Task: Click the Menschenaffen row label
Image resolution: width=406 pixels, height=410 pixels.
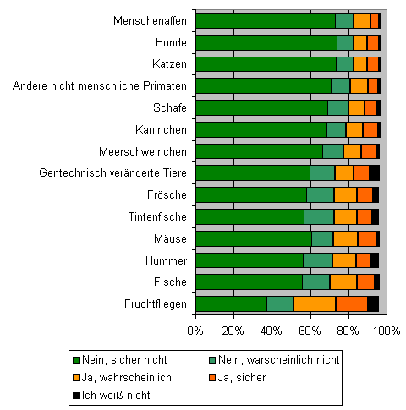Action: pyautogui.click(x=150, y=21)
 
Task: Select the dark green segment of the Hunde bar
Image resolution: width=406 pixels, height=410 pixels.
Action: pyautogui.click(x=266, y=43)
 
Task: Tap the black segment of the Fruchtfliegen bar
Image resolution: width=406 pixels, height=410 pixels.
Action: pyautogui.click(x=373, y=303)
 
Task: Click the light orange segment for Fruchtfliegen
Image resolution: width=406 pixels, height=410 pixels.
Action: pyautogui.click(x=315, y=303)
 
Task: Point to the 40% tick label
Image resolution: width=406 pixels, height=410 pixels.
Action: pyautogui.click(x=272, y=331)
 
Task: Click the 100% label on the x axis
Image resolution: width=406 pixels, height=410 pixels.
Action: pyautogui.click(x=387, y=331)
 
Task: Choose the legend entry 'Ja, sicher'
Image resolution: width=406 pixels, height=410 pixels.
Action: pyautogui.click(x=238, y=377)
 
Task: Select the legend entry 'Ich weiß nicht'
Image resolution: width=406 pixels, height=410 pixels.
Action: pyautogui.click(x=112, y=395)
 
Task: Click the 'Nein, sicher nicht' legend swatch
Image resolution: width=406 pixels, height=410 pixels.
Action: pyautogui.click(x=76, y=360)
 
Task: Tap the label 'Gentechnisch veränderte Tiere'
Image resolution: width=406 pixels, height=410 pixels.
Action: pyautogui.click(x=112, y=172)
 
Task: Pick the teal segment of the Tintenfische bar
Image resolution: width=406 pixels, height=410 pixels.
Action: pyautogui.click(x=319, y=216)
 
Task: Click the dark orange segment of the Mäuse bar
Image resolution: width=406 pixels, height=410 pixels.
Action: pyautogui.click(x=367, y=238)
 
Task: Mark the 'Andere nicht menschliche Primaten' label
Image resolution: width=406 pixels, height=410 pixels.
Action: pyautogui.click(x=100, y=85)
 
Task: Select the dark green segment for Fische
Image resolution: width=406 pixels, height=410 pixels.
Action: pyautogui.click(x=250, y=282)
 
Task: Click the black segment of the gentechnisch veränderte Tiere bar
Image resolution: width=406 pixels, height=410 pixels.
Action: pyautogui.click(x=374, y=172)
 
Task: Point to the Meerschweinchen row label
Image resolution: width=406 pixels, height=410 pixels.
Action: pyautogui.click(x=143, y=151)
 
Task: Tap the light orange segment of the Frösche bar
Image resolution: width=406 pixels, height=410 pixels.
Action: pyautogui.click(x=345, y=194)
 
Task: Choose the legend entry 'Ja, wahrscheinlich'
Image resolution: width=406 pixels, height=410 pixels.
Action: pyautogui.click(x=122, y=377)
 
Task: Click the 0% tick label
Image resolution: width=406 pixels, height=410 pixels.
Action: pyautogui.click(x=195, y=331)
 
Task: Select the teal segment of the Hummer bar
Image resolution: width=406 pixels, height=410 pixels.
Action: pyautogui.click(x=318, y=260)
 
